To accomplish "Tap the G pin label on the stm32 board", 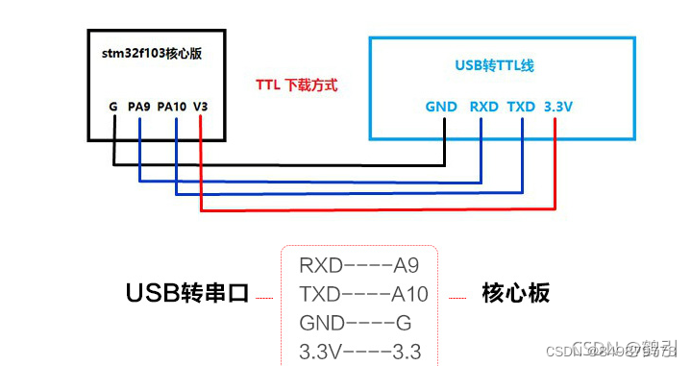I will click(112, 107).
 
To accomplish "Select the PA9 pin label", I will click(139, 107).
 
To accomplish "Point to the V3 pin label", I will click(200, 107).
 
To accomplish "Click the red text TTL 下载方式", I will click(296, 85).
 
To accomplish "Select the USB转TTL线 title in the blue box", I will click(494, 65).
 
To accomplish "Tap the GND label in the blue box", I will click(441, 107).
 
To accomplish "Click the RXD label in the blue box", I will click(483, 107).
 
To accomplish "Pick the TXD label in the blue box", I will click(521, 107).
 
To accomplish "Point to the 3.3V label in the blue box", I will click(558, 107).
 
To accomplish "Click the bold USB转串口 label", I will click(187, 293).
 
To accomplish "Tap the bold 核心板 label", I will click(515, 293).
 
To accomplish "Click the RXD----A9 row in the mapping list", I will click(358, 265).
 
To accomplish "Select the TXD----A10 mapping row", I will click(363, 294).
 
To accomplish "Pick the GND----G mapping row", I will click(355, 322).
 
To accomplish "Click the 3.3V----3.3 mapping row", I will click(359, 351).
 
